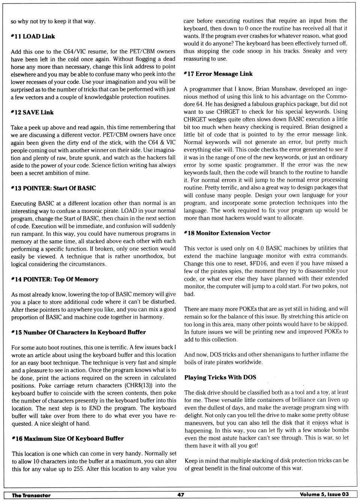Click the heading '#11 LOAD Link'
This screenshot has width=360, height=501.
[x=33, y=36]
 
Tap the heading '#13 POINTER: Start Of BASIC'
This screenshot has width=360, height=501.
[x=53, y=188]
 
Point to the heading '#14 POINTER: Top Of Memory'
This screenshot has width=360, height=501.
[x=55, y=279]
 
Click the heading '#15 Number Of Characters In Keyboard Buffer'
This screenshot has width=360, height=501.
[x=78, y=332]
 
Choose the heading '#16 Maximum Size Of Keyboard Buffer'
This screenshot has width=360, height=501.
[x=67, y=438]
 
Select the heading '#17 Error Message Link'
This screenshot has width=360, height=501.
[x=218, y=74]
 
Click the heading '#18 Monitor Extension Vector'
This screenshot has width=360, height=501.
[x=227, y=233]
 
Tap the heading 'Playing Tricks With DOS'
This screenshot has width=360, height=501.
[x=220, y=377]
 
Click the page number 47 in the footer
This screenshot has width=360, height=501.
[x=181, y=495]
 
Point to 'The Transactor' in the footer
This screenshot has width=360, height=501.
[x=31, y=495]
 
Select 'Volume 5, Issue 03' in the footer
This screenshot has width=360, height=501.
[x=324, y=494]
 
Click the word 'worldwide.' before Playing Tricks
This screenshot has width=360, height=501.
[x=249, y=362]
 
